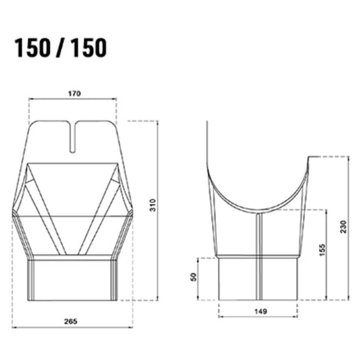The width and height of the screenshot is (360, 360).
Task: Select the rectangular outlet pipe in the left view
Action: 72,280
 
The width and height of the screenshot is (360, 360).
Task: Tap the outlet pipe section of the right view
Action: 259,279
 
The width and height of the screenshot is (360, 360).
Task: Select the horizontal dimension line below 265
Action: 72,327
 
